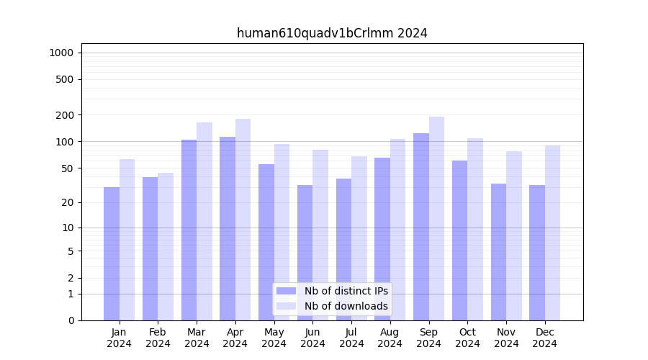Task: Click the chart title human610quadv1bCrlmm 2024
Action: pyautogui.click(x=332, y=33)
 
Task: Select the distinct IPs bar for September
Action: pyautogui.click(x=421, y=227)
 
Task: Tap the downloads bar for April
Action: pyautogui.click(x=243, y=220)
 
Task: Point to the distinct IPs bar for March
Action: pyautogui.click(x=189, y=230)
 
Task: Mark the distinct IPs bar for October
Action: pyautogui.click(x=460, y=240)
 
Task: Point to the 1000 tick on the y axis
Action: pyautogui.click(x=61, y=53)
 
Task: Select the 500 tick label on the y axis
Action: pyautogui.click(x=64, y=79)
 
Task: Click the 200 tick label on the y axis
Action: pyautogui.click(x=64, y=115)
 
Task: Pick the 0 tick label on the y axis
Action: pyautogui.click(x=71, y=320)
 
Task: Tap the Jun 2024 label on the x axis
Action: pyautogui.click(x=312, y=338)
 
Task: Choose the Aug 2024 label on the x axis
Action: pyautogui.click(x=390, y=338)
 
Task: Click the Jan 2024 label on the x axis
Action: pyautogui.click(x=120, y=338)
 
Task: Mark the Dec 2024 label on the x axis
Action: pyautogui.click(x=545, y=338)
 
